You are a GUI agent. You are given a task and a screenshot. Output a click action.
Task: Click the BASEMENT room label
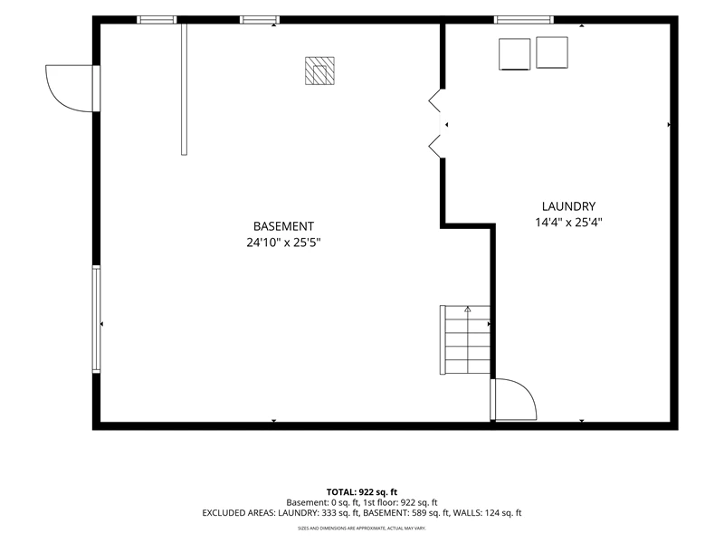[x=283, y=226]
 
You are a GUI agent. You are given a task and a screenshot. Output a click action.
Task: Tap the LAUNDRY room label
[x=568, y=206]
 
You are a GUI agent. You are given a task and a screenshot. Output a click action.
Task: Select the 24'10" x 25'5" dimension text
[x=283, y=243]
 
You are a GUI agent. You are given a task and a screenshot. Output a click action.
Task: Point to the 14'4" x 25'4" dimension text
[x=568, y=223]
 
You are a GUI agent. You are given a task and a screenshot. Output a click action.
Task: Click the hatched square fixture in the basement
[x=319, y=71]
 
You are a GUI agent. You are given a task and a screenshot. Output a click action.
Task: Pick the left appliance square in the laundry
[x=514, y=54]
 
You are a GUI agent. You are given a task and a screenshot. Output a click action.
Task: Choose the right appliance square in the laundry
[x=552, y=53]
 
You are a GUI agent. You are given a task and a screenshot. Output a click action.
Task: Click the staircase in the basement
[x=465, y=340]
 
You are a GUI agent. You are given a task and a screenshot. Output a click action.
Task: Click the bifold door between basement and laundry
[x=436, y=124]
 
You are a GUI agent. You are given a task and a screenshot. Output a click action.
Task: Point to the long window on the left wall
[x=96, y=319]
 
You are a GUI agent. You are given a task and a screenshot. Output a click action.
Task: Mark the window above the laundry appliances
[x=524, y=20]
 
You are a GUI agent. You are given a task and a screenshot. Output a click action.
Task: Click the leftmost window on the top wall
[x=157, y=20]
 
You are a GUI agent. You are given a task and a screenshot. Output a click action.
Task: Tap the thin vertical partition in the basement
[x=184, y=89]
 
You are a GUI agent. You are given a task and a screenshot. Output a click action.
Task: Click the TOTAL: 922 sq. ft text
[x=361, y=492]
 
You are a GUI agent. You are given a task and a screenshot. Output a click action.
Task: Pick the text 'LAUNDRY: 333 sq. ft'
[x=319, y=513]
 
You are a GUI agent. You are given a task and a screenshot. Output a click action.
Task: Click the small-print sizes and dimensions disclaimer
[x=361, y=529]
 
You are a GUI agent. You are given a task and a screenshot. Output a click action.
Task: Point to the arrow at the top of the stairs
[x=468, y=310]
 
